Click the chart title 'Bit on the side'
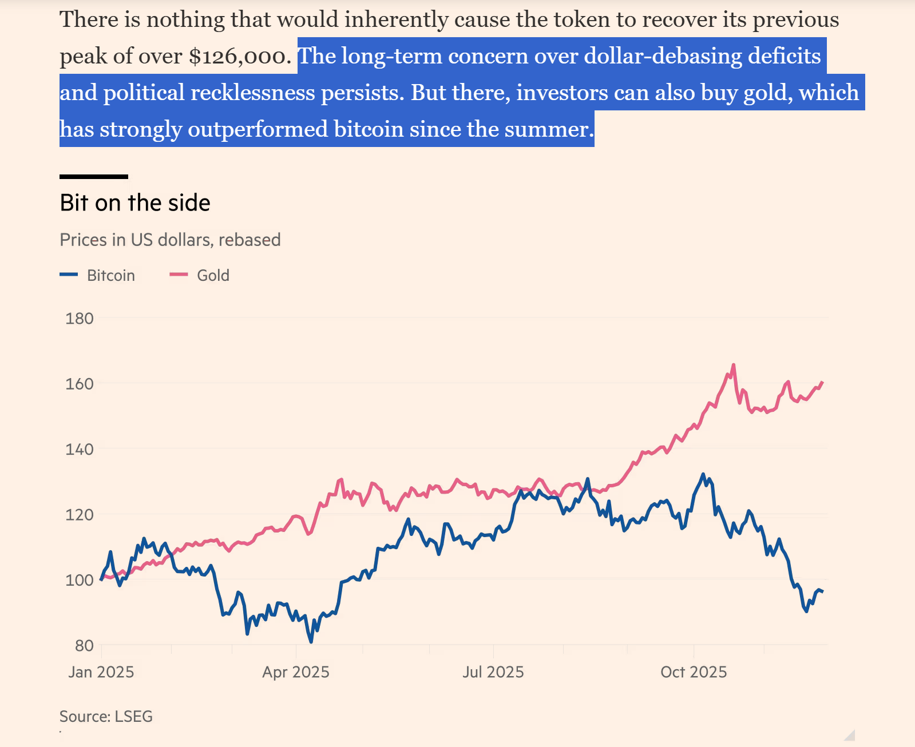135,203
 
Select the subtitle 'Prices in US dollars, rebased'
170,240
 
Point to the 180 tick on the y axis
80,319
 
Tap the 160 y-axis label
80,384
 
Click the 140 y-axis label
80,450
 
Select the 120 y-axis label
80,515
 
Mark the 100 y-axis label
80,581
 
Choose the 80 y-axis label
84,646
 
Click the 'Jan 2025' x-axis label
101,672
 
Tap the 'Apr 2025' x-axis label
296,672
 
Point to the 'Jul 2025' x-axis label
493,672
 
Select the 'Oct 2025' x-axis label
694,672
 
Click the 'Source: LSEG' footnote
106,717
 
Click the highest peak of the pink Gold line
734,365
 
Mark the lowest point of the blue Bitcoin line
311,642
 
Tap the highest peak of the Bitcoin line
703,474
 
